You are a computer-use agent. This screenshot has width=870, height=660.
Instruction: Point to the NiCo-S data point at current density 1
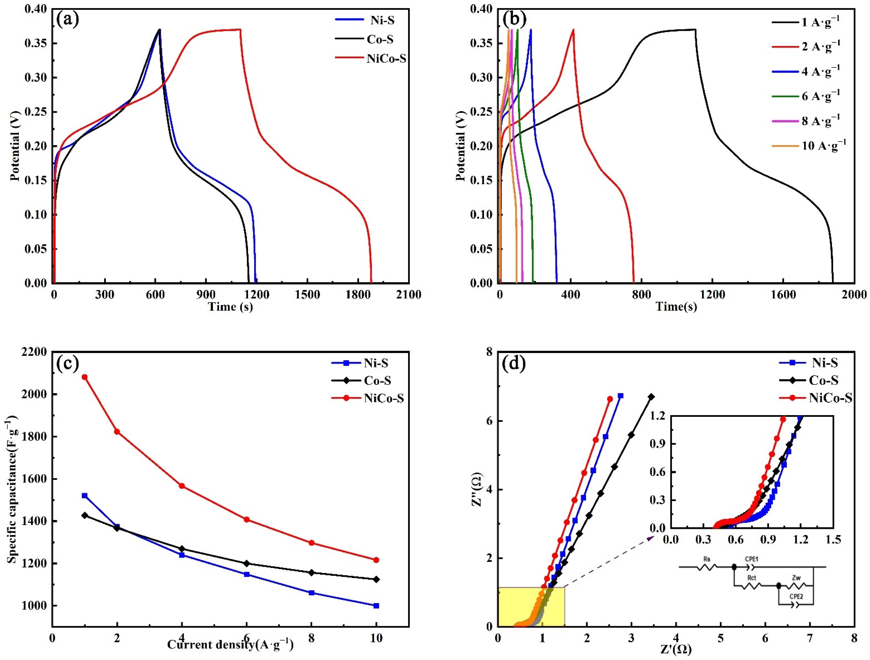pos(85,377)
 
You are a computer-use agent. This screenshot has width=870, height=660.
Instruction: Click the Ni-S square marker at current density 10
pos(376,606)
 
